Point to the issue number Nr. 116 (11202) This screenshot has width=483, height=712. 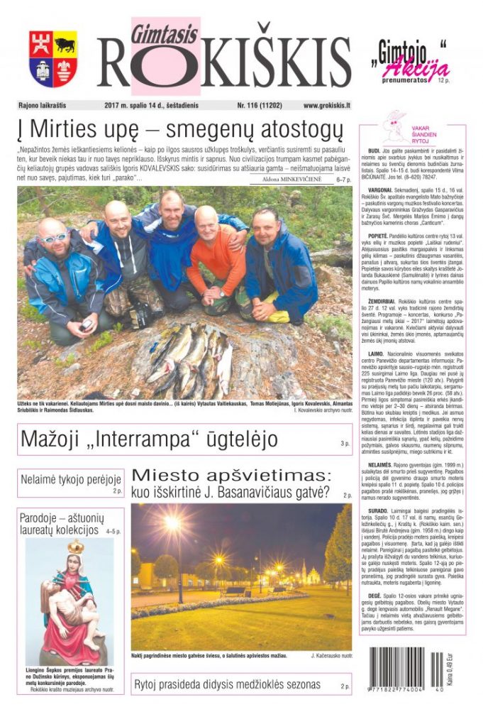259,106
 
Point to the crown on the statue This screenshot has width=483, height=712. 75,547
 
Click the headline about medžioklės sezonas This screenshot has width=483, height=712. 227,684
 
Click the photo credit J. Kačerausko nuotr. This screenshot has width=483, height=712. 331,656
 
